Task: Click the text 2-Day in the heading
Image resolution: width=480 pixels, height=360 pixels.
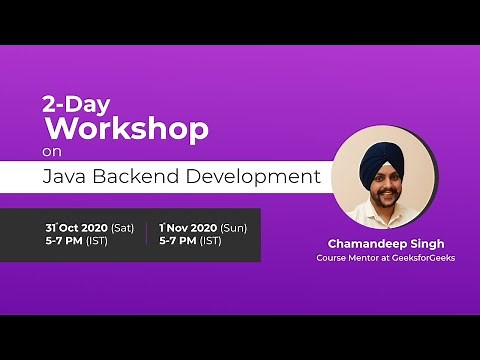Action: click(74, 103)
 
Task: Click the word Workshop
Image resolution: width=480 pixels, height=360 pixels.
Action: click(126, 128)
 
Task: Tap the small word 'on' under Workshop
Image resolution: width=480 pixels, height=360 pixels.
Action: click(51, 152)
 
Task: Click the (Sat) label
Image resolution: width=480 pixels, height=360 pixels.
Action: click(122, 228)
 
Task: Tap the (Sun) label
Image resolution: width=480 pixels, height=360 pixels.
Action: click(233, 228)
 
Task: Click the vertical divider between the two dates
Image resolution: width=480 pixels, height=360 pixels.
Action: click(146, 234)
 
